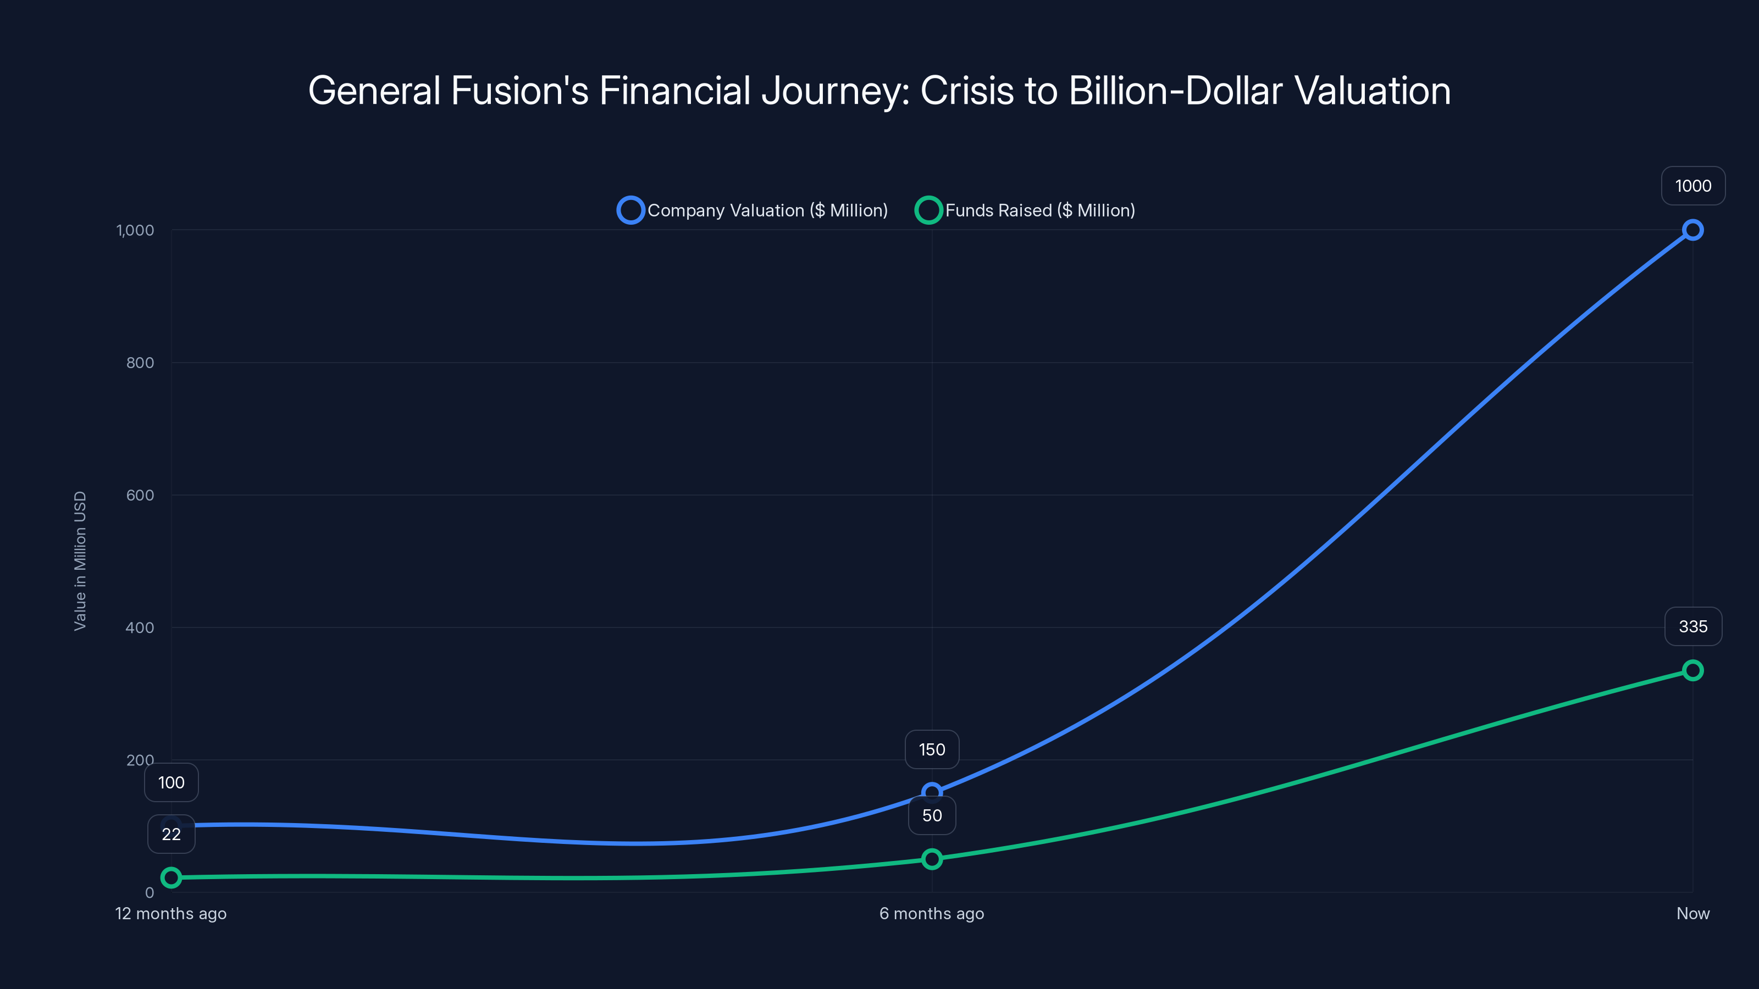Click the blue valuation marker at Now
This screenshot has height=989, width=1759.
tap(1692, 230)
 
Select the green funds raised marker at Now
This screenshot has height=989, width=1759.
tap(1692, 670)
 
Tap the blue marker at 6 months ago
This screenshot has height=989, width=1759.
tap(931, 792)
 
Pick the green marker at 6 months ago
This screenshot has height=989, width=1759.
tap(931, 859)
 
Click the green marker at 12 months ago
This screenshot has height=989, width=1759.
tap(172, 877)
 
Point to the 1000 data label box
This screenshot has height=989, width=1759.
tap(1693, 186)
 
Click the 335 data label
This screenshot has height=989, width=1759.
tap(1693, 626)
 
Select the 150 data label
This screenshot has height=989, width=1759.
tap(931, 749)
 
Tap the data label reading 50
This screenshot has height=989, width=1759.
tap(931, 815)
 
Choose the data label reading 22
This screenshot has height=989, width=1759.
tap(172, 834)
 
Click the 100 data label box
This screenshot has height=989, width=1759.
tap(172, 782)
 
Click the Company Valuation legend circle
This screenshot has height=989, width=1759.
tap(630, 210)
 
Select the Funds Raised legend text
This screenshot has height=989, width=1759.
tap(1039, 210)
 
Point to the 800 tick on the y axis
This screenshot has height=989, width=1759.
tap(140, 363)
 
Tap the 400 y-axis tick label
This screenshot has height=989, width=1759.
tap(140, 627)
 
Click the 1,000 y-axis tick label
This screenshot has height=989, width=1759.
tap(135, 230)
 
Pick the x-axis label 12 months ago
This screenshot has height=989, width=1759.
tap(171, 913)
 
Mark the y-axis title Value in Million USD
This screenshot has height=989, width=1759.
tap(80, 561)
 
